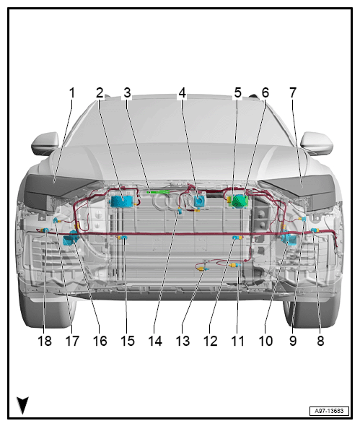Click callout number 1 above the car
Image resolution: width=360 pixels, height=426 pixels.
pos(71,93)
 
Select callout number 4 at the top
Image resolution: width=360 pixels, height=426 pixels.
pos(183,93)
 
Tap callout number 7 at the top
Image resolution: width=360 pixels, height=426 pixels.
pos(293,93)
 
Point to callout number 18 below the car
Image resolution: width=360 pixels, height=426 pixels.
pos(45,341)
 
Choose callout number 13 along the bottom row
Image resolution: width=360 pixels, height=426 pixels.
pos(183,341)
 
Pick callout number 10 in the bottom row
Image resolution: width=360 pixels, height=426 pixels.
pos(265,341)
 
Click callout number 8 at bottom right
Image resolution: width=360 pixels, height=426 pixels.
pos(320,341)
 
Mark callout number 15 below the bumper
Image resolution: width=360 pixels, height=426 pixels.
pos(127,341)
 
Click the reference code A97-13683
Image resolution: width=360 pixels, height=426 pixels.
pos(329,411)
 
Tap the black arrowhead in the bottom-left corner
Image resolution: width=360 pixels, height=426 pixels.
pos(22,404)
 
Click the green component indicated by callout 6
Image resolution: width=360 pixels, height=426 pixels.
pos(240,201)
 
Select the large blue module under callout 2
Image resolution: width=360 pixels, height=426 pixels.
pos(122,201)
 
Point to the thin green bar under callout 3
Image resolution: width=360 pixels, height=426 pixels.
pos(158,192)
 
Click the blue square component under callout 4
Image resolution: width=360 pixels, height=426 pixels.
pos(200,201)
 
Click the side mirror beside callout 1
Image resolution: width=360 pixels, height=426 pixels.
pos(45,143)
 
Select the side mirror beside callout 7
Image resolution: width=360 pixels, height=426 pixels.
pos(317,143)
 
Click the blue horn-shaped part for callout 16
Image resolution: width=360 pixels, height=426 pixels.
pos(70,238)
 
